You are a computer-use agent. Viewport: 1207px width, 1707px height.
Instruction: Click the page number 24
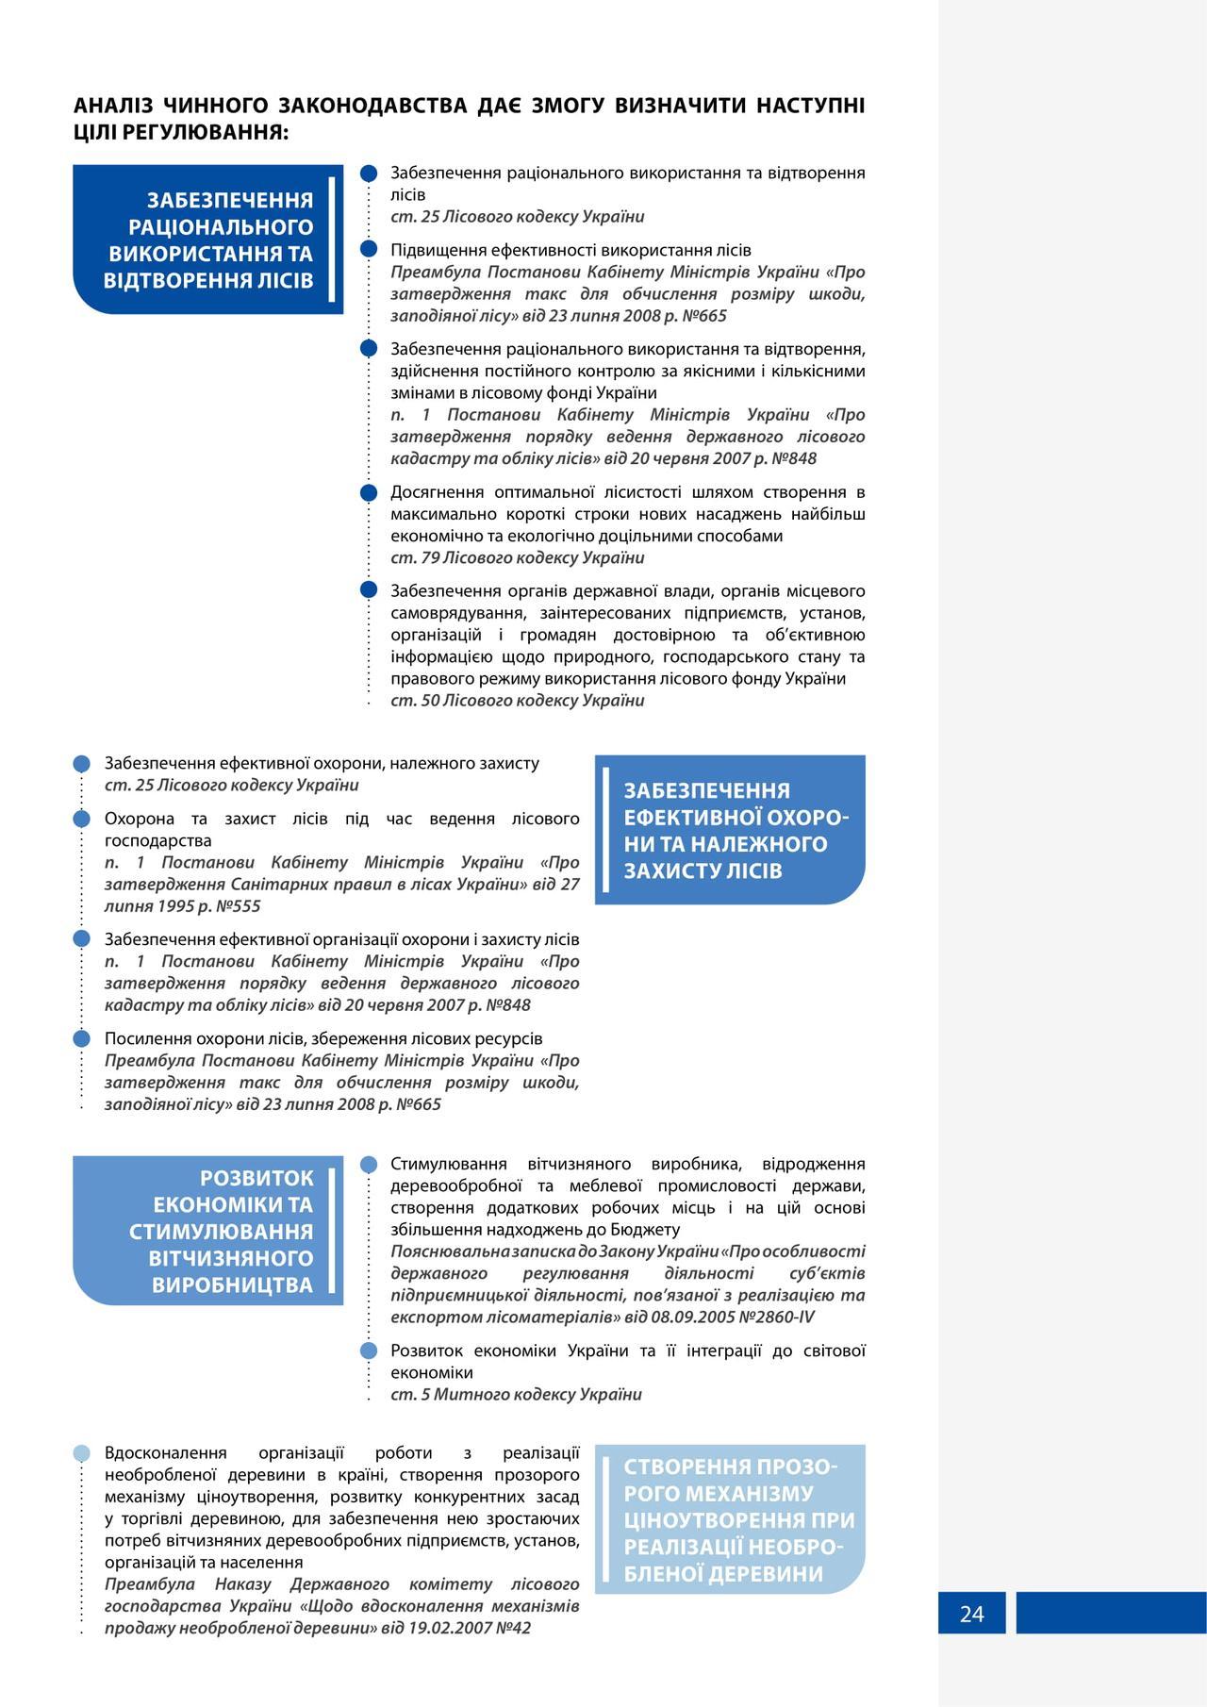(x=971, y=1614)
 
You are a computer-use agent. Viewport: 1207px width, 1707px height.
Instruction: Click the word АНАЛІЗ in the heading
(x=113, y=106)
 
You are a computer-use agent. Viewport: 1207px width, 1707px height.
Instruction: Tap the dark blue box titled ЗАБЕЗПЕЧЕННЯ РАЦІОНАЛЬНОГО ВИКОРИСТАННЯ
(x=207, y=240)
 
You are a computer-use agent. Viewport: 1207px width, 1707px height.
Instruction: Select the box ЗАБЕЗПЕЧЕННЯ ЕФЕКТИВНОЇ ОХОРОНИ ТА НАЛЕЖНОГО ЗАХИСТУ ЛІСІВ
(x=730, y=830)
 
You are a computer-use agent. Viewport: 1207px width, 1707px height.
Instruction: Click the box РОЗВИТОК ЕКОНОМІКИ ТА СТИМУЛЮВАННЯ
(x=207, y=1231)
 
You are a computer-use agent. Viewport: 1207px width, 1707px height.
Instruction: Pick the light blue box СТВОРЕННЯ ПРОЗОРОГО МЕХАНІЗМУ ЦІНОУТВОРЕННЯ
(x=730, y=1519)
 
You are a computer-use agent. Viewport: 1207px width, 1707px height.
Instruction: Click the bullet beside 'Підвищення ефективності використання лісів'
(x=370, y=250)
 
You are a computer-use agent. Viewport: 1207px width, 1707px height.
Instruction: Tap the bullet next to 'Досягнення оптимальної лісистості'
(x=370, y=492)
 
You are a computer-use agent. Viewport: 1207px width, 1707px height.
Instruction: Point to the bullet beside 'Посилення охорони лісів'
(x=82, y=1038)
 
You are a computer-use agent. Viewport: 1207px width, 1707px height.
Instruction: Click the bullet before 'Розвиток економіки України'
(x=370, y=1351)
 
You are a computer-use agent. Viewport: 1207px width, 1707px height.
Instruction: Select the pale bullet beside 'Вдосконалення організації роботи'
(x=82, y=1453)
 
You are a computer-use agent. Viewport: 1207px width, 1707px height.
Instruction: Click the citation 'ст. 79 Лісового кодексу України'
(x=518, y=557)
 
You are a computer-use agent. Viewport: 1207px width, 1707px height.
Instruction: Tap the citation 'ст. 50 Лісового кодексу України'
(x=518, y=701)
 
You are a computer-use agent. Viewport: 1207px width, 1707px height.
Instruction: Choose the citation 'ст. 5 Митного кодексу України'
(x=516, y=1395)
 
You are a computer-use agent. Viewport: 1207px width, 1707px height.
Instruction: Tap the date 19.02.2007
(x=445, y=1628)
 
